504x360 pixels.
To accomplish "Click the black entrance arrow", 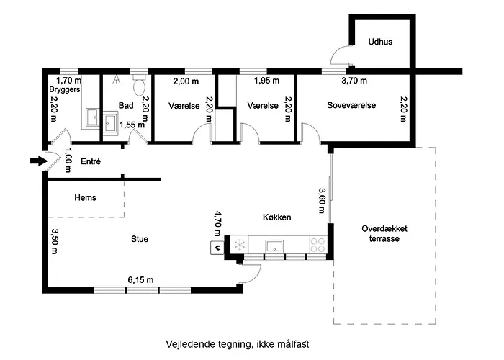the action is (39, 161).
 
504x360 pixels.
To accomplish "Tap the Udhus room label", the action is (380, 42).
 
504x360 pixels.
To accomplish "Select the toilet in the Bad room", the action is (140, 85).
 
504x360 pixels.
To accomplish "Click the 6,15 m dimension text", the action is (140, 280).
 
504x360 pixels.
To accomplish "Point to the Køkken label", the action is (276, 217).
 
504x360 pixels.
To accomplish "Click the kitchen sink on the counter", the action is (274, 246).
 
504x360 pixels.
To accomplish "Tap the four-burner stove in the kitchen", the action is (318, 244).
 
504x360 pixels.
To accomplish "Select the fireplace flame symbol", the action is (217, 248).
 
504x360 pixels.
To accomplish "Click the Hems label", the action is (85, 197).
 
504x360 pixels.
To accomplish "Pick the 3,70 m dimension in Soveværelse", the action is (354, 81).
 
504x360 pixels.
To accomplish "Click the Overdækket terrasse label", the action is (384, 234).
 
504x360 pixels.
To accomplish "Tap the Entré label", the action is (91, 161).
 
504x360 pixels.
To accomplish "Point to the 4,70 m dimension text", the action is (218, 223).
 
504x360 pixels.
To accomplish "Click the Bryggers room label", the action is (65, 89).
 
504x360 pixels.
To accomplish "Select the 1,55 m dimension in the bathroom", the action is (132, 125).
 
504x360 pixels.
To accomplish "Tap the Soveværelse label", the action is (351, 105).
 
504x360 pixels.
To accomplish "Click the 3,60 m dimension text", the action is (321, 201).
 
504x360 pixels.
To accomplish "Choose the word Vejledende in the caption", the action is (185, 344).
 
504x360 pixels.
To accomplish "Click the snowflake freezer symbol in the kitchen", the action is (240, 245).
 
